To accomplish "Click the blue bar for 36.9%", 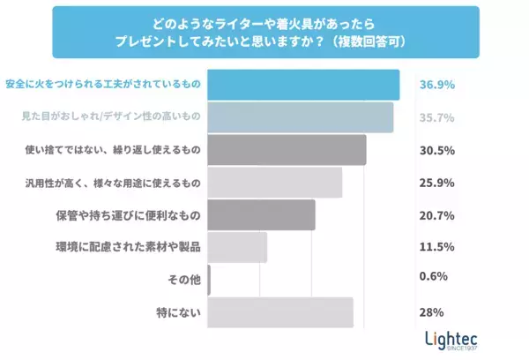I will tap(303, 85).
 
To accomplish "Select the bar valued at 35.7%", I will tap(300, 117).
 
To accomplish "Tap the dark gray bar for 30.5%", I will tap(287, 150).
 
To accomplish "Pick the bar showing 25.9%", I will tap(274, 183).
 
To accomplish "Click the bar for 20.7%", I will tap(261, 215).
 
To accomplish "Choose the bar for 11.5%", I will tap(237, 248).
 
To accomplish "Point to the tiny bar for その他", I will tap(209, 280).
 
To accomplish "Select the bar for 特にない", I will tap(280, 312).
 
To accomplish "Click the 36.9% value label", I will tap(436, 85).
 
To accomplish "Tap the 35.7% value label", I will tap(436, 117).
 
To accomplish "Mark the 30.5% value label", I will tap(436, 150).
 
